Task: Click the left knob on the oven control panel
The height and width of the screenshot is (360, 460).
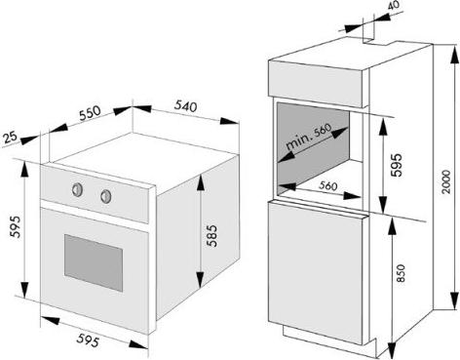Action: pyautogui.click(x=77, y=189)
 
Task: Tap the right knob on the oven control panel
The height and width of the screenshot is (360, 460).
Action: pyautogui.click(x=106, y=196)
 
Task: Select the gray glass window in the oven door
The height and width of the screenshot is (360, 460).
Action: pyautogui.click(x=94, y=262)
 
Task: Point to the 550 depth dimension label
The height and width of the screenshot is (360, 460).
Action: pyautogui.click(x=90, y=113)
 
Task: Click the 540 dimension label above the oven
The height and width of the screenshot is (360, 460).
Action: pyautogui.click(x=185, y=106)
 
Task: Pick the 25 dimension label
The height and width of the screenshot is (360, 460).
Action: pyautogui.click(x=10, y=137)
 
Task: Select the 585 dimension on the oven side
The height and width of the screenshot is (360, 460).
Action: pyautogui.click(x=212, y=235)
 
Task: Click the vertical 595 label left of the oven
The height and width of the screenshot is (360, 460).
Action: pyautogui.click(x=15, y=226)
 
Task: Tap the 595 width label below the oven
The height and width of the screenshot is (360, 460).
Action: pyautogui.click(x=88, y=340)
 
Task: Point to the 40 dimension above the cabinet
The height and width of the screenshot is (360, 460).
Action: pyautogui.click(x=394, y=6)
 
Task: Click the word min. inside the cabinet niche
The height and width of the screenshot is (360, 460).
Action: pyautogui.click(x=298, y=141)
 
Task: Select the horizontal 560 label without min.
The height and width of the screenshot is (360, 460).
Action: pyautogui.click(x=328, y=185)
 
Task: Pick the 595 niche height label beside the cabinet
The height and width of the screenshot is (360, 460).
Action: pyautogui.click(x=397, y=165)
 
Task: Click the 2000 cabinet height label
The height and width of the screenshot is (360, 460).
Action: pyautogui.click(x=446, y=182)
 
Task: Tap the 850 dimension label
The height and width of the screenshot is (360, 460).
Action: pyautogui.click(x=402, y=272)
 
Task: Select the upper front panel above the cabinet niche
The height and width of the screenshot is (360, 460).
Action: pyautogui.click(x=315, y=84)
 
